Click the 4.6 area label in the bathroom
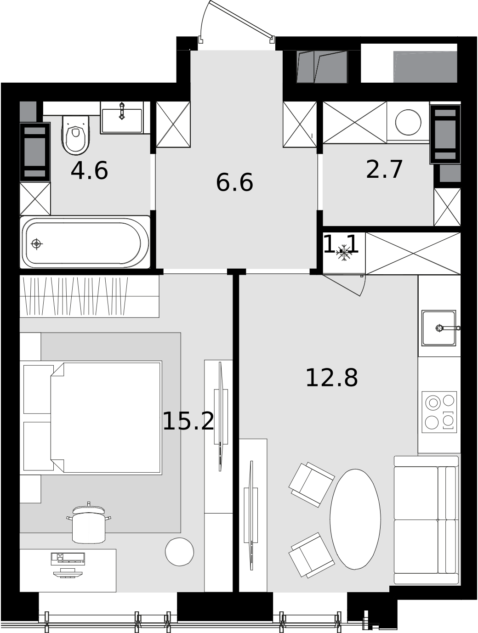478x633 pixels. (90, 171)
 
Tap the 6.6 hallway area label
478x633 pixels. (234, 182)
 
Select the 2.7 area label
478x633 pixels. (384, 170)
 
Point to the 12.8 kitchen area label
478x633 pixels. (332, 378)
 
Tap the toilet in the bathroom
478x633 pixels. (76, 135)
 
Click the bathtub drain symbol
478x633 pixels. (36, 243)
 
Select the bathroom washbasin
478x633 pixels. (122, 118)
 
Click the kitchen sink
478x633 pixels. (439, 328)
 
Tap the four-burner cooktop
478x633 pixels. (439, 412)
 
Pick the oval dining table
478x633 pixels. (355, 519)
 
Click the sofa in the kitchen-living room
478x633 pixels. (427, 520)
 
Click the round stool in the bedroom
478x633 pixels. (179, 552)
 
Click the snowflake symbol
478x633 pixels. (344, 253)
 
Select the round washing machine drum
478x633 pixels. (408, 122)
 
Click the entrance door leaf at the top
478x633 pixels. (241, 19)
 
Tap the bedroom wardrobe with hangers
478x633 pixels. (90, 296)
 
